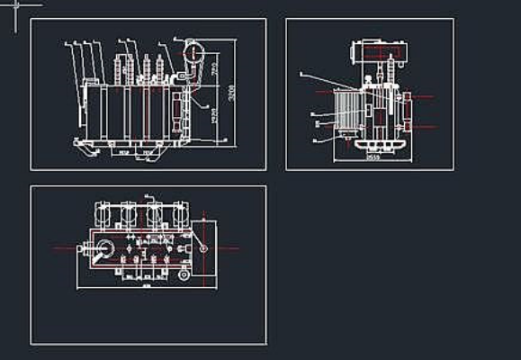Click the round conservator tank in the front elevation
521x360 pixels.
coord(192,52)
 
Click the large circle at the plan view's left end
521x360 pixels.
coord(105,249)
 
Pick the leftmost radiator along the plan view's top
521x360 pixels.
coord(103,215)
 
